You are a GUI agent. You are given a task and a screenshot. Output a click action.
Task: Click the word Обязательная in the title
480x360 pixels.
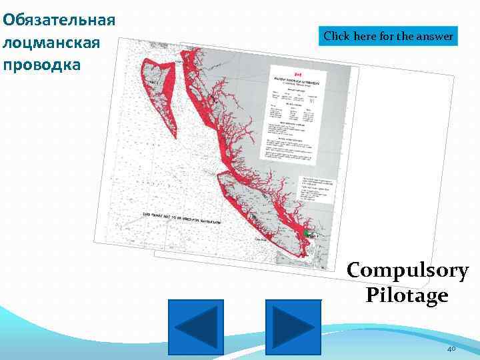(x=59, y=18)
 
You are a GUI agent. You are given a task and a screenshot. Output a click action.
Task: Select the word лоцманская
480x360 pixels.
(x=51, y=42)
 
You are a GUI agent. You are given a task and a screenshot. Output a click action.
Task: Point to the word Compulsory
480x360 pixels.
(x=407, y=271)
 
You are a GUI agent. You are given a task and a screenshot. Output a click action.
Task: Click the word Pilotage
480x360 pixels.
(x=407, y=294)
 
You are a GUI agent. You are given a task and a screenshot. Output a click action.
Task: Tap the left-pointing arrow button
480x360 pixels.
(x=195, y=327)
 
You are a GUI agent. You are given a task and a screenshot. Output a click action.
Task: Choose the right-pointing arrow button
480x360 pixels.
(x=293, y=327)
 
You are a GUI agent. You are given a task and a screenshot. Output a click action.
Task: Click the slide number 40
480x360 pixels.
(x=451, y=349)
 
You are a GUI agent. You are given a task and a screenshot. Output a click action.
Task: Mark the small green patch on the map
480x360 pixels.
(x=307, y=234)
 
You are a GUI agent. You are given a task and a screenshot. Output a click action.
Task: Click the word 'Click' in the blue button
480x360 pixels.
(x=336, y=36)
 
